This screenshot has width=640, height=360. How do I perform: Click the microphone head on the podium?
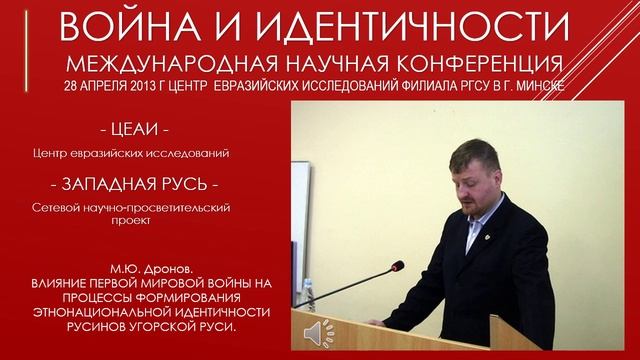coord(398,265)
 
